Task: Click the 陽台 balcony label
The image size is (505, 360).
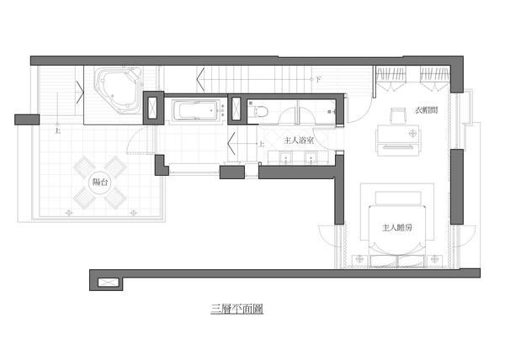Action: [100, 182]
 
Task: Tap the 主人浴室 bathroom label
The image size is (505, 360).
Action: [299, 140]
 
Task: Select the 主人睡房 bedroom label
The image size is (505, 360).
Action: [397, 228]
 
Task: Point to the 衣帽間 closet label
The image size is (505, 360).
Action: [426, 110]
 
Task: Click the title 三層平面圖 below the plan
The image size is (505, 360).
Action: [237, 309]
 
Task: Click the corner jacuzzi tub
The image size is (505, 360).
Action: [118, 90]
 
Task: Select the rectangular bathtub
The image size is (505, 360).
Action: [195, 111]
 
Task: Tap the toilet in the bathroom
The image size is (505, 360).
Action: [258, 112]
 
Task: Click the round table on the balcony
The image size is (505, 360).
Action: [100, 183]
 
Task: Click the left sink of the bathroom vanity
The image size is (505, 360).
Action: [285, 157]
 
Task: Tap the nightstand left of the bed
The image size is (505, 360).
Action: [359, 260]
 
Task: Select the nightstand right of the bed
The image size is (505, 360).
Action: [435, 259]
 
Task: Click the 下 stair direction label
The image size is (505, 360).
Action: [318, 79]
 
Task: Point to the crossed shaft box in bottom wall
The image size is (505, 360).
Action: [106, 283]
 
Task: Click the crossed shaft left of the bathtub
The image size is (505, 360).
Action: [153, 109]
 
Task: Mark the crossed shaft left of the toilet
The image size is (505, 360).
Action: [237, 109]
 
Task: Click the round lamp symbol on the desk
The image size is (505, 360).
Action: [412, 133]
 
